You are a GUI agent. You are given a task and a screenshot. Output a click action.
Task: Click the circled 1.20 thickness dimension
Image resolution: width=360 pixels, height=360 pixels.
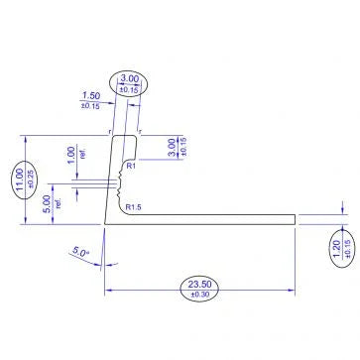[x=336, y=245]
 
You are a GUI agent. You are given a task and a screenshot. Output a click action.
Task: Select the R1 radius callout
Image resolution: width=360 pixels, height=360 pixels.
[x=130, y=169]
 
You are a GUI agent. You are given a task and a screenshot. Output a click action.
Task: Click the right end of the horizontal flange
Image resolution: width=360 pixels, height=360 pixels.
[x=296, y=218]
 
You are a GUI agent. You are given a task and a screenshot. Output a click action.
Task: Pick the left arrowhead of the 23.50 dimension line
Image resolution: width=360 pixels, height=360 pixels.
[x=108, y=290]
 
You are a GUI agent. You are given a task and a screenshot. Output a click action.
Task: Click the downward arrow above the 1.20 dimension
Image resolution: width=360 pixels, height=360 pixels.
[x=340, y=207]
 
